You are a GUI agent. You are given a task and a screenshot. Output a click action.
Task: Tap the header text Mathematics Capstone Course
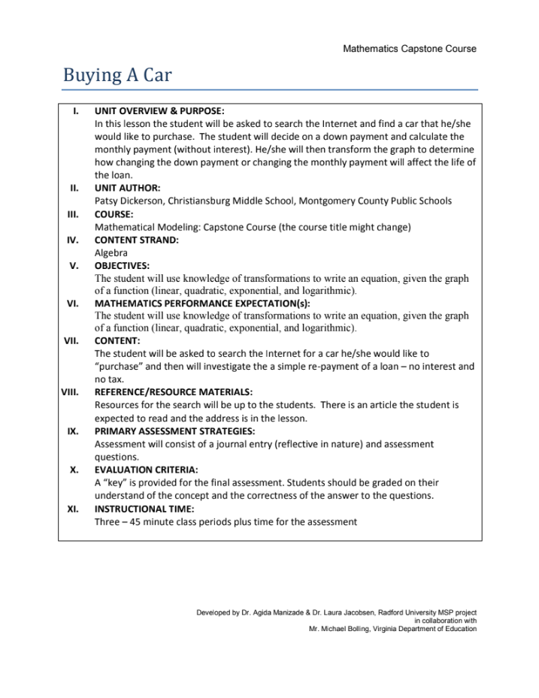tap(409, 49)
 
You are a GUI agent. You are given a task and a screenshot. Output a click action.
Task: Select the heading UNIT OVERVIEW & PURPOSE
tap(159, 111)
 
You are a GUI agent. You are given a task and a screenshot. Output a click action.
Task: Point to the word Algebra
tap(111, 253)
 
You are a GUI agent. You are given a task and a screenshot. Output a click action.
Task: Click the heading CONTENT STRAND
tap(136, 240)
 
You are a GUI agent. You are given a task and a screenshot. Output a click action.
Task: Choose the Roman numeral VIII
tap(70, 391)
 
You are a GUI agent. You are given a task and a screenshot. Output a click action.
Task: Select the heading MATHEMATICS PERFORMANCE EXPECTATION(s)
tap(202, 304)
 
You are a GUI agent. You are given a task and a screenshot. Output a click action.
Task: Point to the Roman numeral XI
tap(73, 509)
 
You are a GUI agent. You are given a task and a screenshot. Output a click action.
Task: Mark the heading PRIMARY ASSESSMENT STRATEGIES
tap(174, 431)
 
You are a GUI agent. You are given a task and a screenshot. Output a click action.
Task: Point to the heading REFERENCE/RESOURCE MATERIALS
tap(173, 391)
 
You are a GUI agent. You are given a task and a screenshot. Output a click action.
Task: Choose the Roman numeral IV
tap(73, 240)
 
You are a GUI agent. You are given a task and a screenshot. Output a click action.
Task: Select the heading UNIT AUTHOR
tap(127, 188)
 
